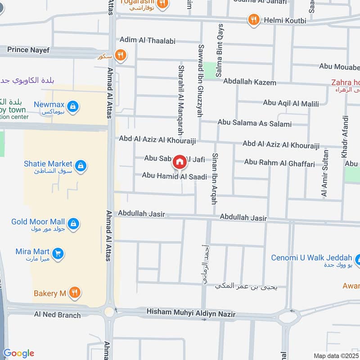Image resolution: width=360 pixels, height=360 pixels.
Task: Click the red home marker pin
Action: pos(180,162)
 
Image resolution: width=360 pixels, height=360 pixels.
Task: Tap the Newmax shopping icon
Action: pos(74,107)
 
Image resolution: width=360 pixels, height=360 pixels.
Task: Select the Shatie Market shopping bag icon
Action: pos(81,166)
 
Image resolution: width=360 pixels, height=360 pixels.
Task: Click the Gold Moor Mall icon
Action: pos(73,223)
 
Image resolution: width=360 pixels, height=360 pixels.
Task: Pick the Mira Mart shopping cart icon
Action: pos(57,254)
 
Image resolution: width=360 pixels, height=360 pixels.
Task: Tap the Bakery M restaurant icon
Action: pos(75,293)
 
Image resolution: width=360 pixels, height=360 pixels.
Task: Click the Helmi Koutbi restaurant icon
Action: pos(254,20)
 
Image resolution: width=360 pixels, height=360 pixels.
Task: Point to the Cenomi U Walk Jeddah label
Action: pos(311,258)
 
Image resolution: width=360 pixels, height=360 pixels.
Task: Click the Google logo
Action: pos(18,353)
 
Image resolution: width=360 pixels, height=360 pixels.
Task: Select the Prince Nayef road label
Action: pos(28,50)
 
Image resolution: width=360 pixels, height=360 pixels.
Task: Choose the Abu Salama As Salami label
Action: pos(255,123)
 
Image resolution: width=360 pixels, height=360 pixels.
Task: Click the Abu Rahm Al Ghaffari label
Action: pos(279,163)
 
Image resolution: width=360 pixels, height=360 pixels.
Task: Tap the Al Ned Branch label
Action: pos(57,315)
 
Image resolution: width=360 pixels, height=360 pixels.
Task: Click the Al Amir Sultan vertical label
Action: pos(324,174)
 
